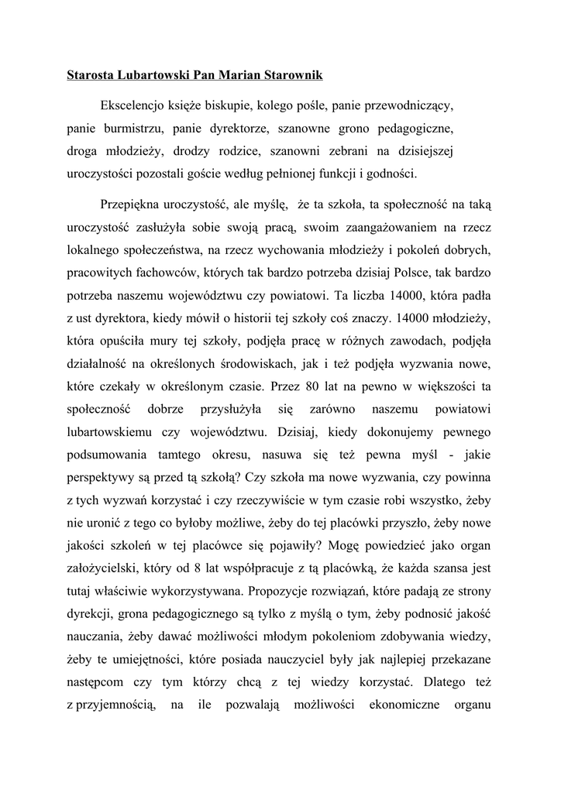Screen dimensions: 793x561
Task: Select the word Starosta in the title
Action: pos(91,77)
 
